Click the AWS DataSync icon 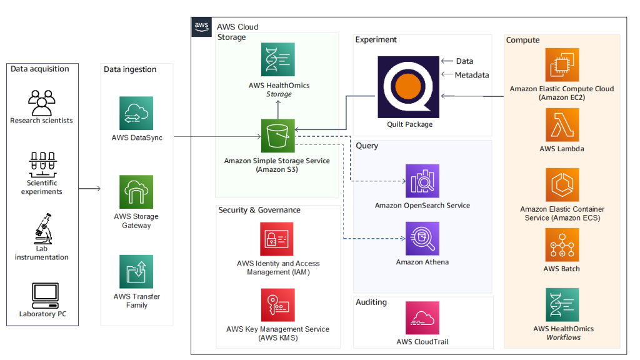(x=136, y=113)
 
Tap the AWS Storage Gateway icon (x=136, y=192)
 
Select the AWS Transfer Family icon (x=136, y=271)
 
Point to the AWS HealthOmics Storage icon (x=277, y=59)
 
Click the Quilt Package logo (x=409, y=87)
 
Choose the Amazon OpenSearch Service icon (x=422, y=181)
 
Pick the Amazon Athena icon (x=422, y=239)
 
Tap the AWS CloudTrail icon (x=422, y=318)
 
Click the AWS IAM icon (x=277, y=239)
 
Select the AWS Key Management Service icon (x=277, y=305)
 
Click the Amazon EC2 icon (x=562, y=65)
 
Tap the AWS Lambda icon (x=562, y=125)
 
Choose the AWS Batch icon (x=562, y=244)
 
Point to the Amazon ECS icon (x=562, y=185)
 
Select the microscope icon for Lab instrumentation (x=42, y=228)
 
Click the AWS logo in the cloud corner (x=201, y=27)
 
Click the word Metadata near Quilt (x=472, y=75)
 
